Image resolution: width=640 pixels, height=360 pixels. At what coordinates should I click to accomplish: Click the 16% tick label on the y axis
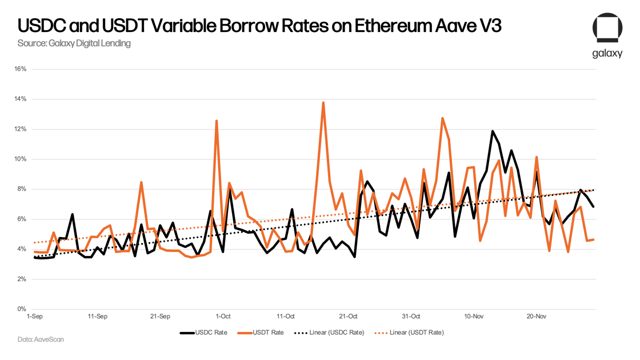pos(20,69)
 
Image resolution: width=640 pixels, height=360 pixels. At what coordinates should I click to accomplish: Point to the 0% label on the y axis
pos(22,309)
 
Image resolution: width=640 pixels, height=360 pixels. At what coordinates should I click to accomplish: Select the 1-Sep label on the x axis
pos(35,316)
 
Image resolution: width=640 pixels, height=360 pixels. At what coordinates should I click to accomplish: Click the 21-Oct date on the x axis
pos(348,316)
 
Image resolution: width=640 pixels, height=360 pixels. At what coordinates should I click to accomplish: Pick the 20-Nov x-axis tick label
pos(536,316)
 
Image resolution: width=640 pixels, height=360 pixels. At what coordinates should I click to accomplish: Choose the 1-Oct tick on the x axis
pos(223,316)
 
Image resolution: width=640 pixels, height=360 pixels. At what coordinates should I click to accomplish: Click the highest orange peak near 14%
pos(323,103)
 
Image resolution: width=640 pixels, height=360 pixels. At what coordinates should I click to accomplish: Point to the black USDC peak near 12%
pos(493,131)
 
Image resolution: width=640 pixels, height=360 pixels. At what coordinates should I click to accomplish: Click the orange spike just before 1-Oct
pos(217,121)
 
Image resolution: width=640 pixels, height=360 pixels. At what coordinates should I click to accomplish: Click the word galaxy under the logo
pos(607,53)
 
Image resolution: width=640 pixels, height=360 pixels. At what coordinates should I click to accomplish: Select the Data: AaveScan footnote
pos(41,339)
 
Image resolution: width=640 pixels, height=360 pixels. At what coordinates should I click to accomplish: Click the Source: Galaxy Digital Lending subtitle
pos(74,43)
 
